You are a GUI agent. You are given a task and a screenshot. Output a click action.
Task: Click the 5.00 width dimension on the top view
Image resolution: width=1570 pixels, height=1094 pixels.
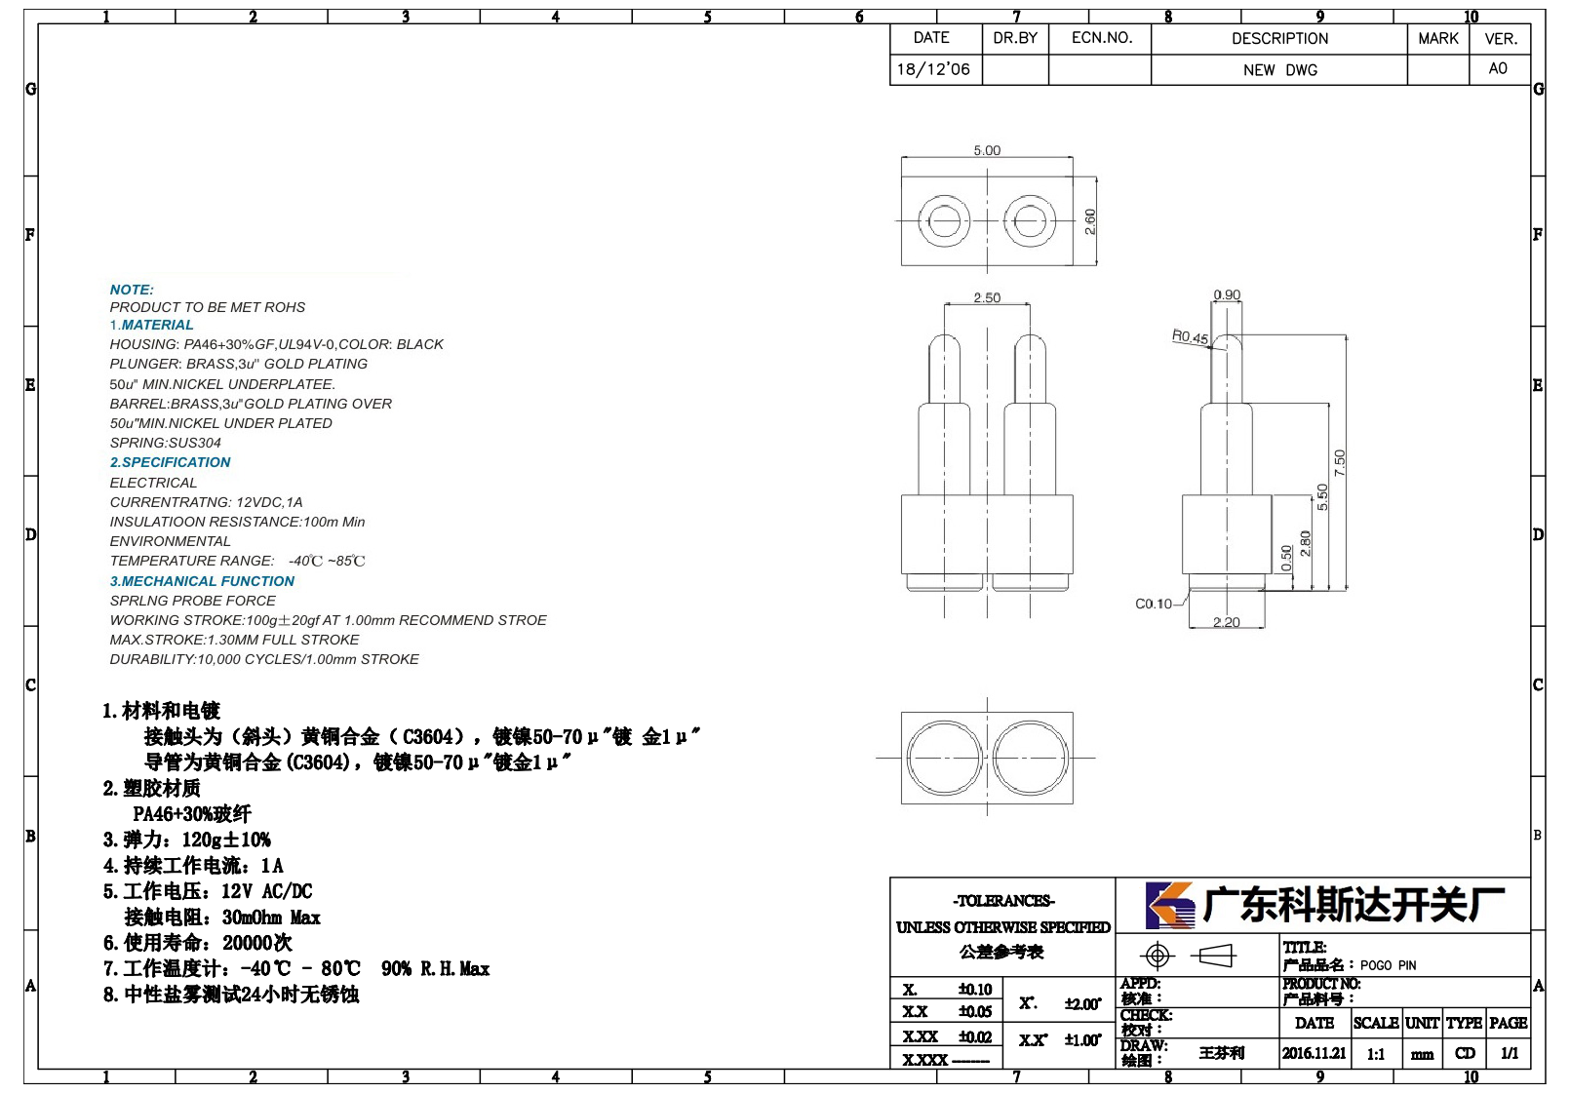pyautogui.click(x=987, y=150)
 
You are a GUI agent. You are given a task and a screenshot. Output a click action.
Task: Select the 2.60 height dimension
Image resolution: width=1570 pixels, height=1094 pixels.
pyautogui.click(x=1090, y=221)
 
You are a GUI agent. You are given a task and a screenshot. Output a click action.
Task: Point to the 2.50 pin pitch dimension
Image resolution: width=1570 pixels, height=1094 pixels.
pyautogui.click(x=987, y=297)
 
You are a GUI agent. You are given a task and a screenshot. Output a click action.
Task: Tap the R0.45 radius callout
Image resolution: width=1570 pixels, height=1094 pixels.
pyautogui.click(x=1190, y=336)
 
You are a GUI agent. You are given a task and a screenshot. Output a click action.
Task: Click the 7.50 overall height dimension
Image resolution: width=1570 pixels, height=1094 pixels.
pyautogui.click(x=1340, y=463)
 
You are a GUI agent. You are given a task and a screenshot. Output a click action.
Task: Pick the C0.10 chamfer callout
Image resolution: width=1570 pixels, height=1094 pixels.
pyautogui.click(x=1153, y=604)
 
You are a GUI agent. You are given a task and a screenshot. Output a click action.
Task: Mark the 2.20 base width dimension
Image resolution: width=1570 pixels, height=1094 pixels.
pyautogui.click(x=1227, y=622)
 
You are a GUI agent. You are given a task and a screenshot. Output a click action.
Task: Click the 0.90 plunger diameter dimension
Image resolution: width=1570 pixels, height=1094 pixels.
pyautogui.click(x=1227, y=294)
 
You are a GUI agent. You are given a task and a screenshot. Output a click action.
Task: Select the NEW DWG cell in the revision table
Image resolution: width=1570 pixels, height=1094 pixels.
pyautogui.click(x=1279, y=70)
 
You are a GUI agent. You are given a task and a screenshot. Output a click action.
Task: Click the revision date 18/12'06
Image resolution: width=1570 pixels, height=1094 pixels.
pyautogui.click(x=933, y=69)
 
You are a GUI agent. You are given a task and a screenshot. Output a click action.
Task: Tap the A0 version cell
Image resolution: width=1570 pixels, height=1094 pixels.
pyautogui.click(x=1498, y=68)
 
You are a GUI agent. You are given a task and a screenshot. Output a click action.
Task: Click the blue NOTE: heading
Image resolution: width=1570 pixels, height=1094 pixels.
pyautogui.click(x=132, y=290)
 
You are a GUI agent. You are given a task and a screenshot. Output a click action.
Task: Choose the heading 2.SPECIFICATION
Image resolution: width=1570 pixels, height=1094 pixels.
pyautogui.click(x=171, y=462)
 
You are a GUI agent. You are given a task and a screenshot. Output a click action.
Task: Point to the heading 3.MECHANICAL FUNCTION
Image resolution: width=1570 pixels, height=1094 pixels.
pyautogui.click(x=202, y=581)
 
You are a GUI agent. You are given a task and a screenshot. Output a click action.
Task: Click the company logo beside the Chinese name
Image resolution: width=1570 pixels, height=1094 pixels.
pyautogui.click(x=1170, y=905)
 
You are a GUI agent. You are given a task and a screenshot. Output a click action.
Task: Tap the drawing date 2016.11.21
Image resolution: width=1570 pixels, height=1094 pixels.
pyautogui.click(x=1315, y=1053)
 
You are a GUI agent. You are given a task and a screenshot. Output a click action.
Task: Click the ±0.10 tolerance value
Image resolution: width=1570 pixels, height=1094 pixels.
pyautogui.click(x=975, y=989)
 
